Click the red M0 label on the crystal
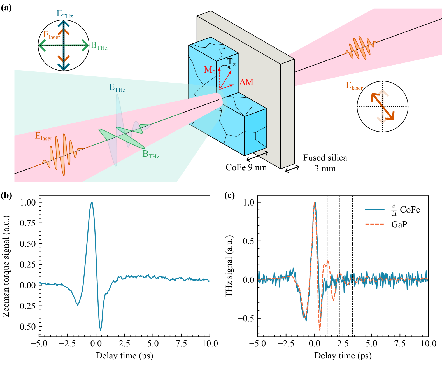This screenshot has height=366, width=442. point(210,70)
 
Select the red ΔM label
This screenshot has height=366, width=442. point(246,82)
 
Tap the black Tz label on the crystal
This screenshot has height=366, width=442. point(231,62)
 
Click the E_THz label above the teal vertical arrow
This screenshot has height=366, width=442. point(65,14)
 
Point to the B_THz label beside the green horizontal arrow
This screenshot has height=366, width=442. point(99,46)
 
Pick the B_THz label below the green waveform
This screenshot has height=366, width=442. point(151,154)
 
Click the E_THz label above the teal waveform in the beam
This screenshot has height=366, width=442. point(117,88)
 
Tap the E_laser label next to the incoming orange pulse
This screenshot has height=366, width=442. point(44,136)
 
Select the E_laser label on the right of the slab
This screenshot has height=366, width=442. point(354,86)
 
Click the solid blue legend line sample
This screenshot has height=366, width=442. point(374,209)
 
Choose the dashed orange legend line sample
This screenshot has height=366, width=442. point(374,224)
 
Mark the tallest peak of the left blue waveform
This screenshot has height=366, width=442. point(92,202)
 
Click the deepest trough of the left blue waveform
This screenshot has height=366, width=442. point(101,330)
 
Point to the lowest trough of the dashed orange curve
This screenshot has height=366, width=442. point(320,330)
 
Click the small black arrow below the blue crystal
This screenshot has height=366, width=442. point(262,153)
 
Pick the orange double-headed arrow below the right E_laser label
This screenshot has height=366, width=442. point(383,107)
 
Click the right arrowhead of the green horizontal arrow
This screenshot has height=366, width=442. point(85,45)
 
